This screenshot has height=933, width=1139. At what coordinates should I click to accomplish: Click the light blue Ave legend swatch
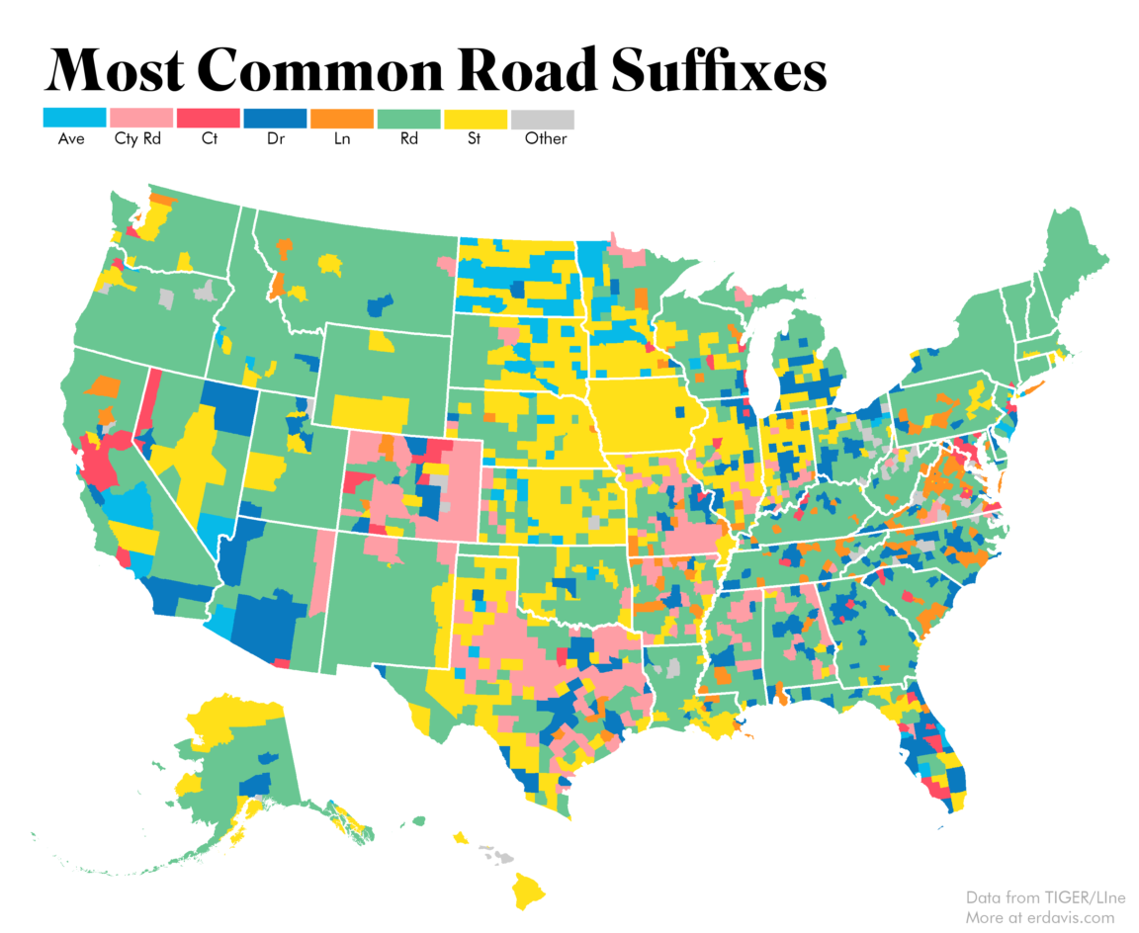[x=74, y=119]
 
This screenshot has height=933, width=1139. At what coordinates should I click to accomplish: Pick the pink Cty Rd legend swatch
[x=141, y=119]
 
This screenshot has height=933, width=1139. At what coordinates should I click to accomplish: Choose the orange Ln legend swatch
[x=342, y=119]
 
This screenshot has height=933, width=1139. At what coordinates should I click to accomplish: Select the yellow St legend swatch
[x=476, y=119]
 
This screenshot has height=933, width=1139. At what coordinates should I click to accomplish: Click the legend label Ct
[x=209, y=139]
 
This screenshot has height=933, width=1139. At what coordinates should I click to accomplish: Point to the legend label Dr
[x=276, y=139]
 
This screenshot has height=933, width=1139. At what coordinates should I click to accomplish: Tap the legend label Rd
[x=409, y=139]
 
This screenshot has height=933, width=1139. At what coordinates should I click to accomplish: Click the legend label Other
[x=546, y=139]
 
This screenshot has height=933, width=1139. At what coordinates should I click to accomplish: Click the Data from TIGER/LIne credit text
[x=1039, y=897]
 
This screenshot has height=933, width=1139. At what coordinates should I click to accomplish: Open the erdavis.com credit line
[x=1039, y=916]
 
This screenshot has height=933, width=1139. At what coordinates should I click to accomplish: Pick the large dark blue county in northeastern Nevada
[x=230, y=406]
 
